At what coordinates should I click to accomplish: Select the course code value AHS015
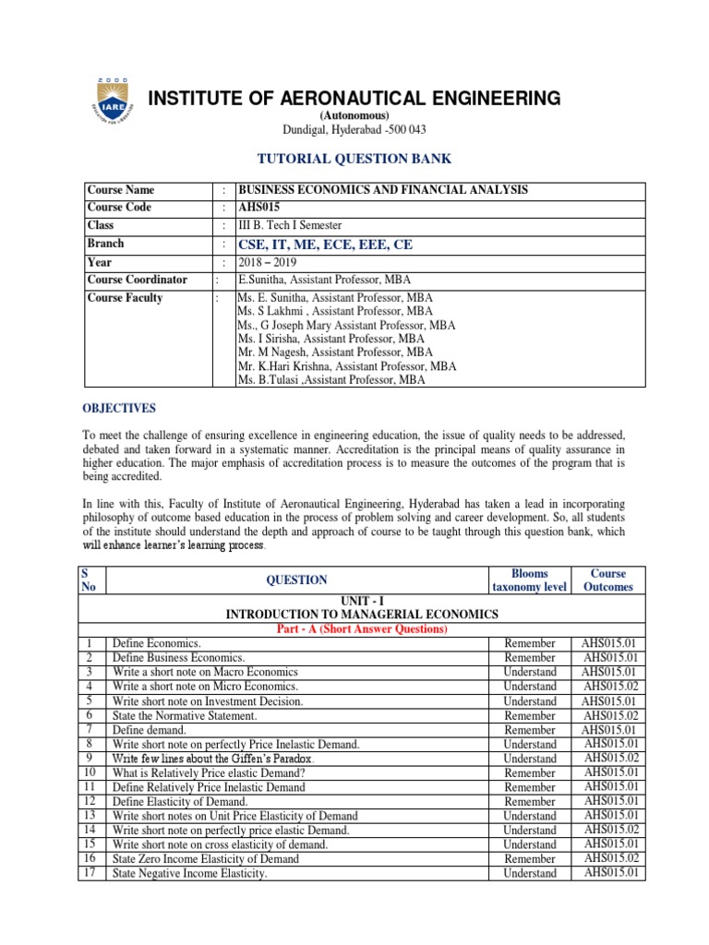pyautogui.click(x=260, y=208)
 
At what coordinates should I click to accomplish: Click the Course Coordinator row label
pyautogui.click(x=137, y=280)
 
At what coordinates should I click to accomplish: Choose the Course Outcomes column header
pyautogui.click(x=608, y=580)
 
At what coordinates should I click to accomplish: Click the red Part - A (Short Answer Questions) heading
pyautogui.click(x=362, y=629)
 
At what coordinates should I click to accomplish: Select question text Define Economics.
pyautogui.click(x=157, y=643)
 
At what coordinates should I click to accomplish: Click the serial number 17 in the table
pyautogui.click(x=90, y=873)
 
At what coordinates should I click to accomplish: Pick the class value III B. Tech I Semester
pyautogui.click(x=290, y=225)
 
